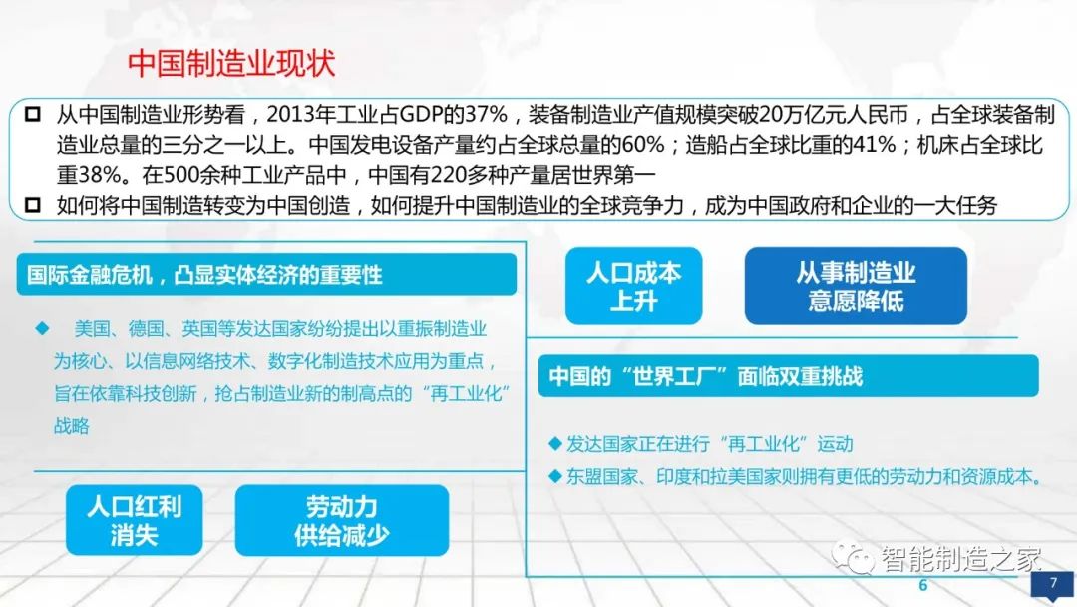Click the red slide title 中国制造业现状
click(231, 63)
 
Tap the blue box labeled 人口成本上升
click(633, 286)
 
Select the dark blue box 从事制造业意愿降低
click(856, 286)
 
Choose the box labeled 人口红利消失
click(134, 519)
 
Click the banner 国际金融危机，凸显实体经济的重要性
click(265, 274)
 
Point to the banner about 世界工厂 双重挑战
click(788, 376)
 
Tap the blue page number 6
click(922, 585)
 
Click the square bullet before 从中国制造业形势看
click(35, 112)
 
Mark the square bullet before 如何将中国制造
click(35, 206)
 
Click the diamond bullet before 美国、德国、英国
click(42, 327)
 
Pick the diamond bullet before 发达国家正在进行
click(555, 444)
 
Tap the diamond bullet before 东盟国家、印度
click(555, 476)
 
